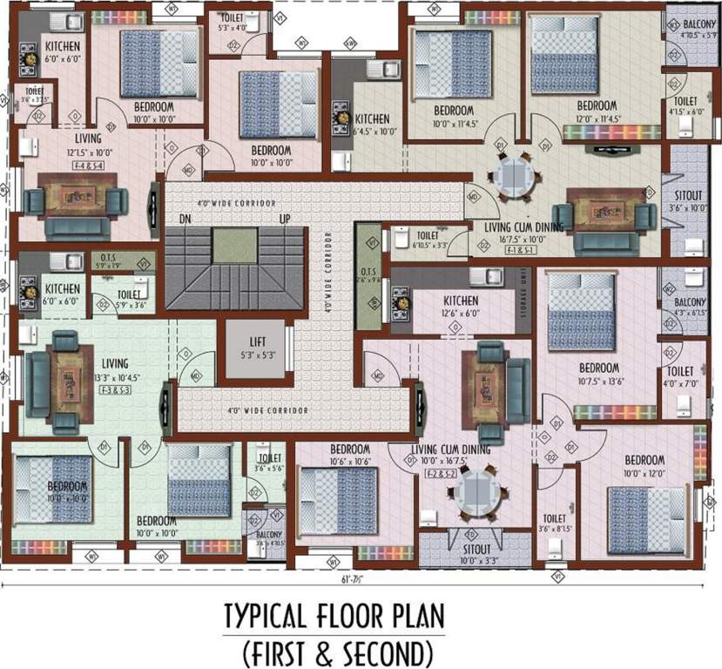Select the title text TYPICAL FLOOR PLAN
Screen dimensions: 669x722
[x=335, y=616]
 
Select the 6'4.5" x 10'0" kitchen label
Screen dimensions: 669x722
[x=372, y=125]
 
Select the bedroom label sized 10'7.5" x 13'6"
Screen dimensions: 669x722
[x=599, y=373]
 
